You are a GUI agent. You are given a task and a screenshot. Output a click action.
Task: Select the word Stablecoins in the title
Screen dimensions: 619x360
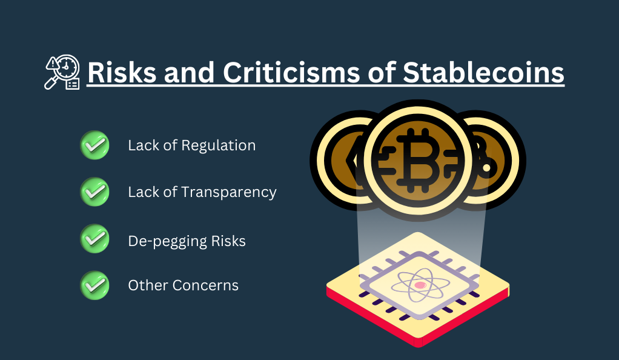(483, 72)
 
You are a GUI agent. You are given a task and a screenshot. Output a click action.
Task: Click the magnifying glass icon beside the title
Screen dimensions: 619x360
(62, 72)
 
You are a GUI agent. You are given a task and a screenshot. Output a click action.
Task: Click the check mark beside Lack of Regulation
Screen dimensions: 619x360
(94, 145)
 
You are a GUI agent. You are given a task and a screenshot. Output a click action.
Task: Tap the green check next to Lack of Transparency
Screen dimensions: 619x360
(94, 192)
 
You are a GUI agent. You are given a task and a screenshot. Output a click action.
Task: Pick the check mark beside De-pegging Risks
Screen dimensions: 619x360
(94, 239)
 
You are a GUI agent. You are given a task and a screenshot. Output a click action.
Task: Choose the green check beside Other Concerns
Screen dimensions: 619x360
(94, 285)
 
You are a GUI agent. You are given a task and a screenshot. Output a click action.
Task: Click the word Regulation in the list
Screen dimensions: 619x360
(218, 146)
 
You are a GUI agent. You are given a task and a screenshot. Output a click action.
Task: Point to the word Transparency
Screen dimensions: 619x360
(229, 193)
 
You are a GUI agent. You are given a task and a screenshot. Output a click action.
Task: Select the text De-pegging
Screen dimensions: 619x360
(167, 241)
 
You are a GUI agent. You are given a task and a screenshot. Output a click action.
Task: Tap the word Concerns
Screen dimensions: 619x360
(205, 285)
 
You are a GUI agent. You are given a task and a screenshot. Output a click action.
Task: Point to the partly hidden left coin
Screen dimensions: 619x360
(340, 160)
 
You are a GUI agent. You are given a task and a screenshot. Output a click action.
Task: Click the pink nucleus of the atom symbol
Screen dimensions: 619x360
(420, 285)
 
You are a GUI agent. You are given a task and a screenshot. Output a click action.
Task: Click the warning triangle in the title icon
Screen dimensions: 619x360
(51, 64)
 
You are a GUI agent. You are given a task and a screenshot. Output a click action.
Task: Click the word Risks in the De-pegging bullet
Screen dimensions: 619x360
(228, 241)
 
